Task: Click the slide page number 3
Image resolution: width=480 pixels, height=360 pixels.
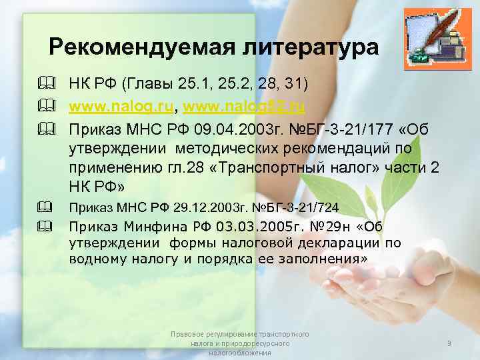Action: [x=449, y=343]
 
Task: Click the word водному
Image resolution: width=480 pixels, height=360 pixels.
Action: [x=101, y=259]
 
